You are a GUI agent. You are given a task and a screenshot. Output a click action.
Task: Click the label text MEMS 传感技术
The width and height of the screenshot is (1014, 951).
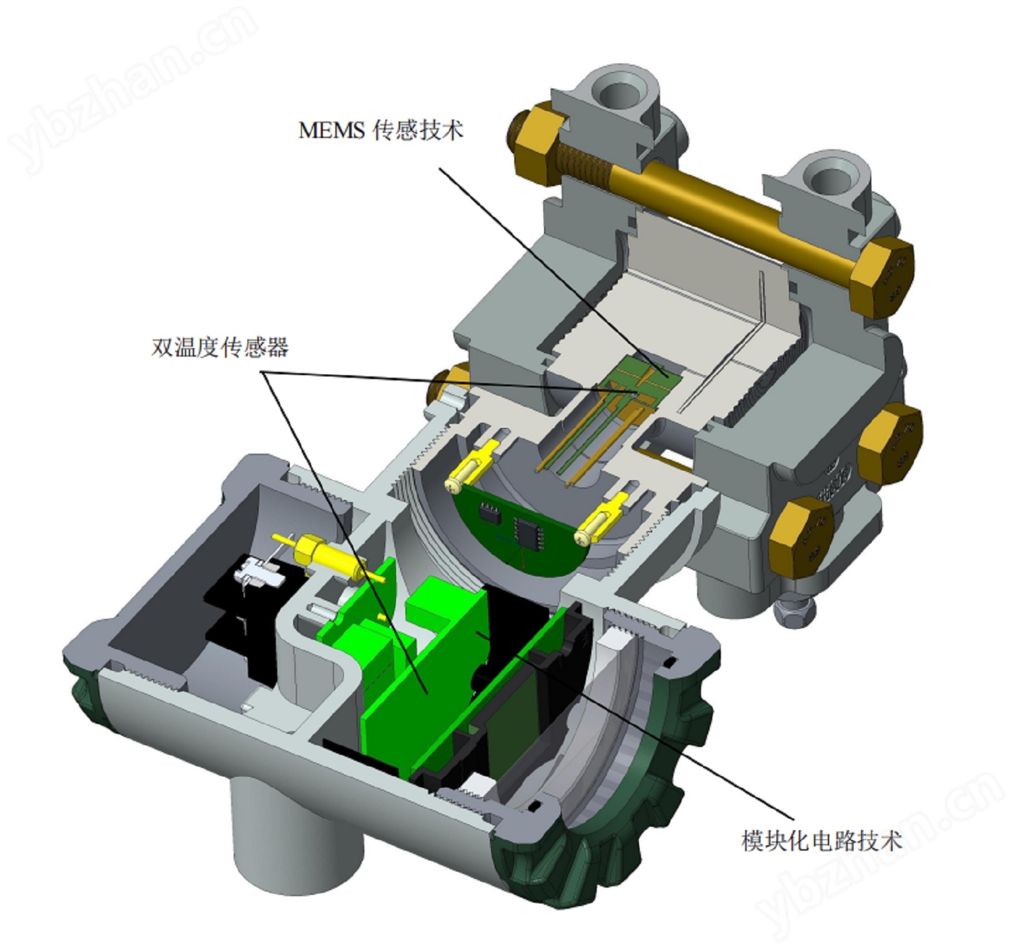click(x=381, y=130)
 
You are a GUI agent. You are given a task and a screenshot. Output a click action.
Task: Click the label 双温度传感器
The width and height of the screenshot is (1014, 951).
click(x=220, y=347)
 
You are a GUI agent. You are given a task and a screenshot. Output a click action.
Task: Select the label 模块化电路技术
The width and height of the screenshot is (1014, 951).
click(x=821, y=841)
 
